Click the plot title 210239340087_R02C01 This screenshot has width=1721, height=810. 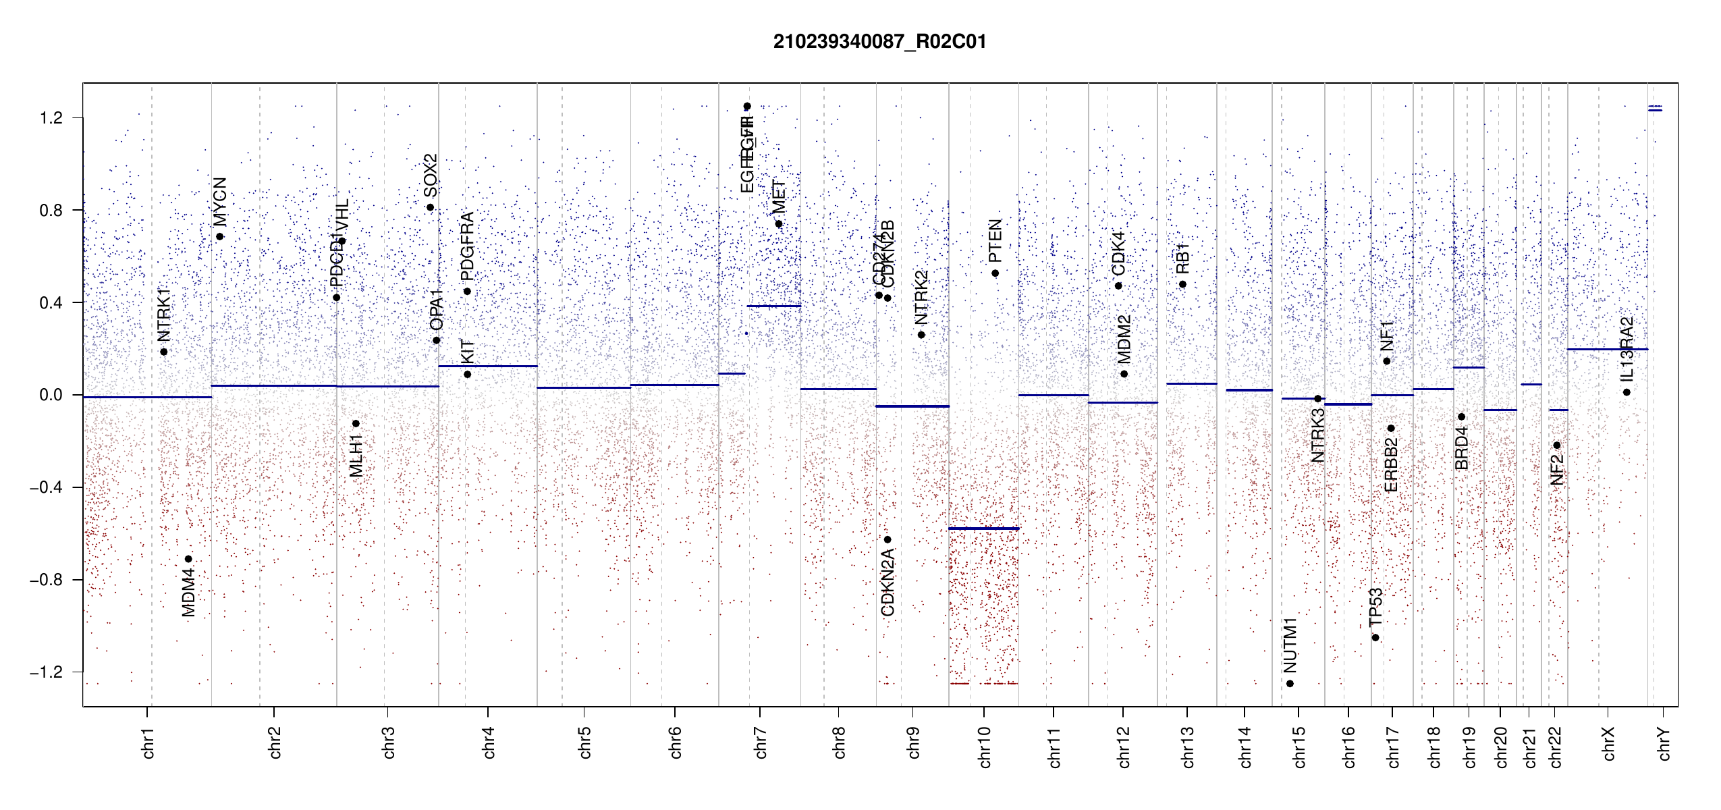click(x=879, y=42)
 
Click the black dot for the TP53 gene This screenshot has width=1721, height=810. click(x=1375, y=638)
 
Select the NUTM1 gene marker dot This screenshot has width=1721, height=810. click(x=1290, y=684)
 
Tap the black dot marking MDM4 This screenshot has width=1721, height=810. click(x=188, y=559)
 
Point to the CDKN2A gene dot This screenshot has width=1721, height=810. click(x=887, y=539)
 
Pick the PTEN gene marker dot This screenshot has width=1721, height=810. click(x=995, y=273)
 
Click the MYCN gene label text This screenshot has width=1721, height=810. click(x=220, y=202)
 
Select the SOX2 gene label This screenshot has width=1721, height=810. click(x=431, y=175)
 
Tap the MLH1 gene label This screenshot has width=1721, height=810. click(x=356, y=456)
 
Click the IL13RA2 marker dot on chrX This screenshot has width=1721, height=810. click(x=1627, y=392)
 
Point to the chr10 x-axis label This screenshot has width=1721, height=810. click(x=985, y=747)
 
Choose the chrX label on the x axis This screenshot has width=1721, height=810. click(x=1609, y=744)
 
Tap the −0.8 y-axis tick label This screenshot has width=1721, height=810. click(x=46, y=580)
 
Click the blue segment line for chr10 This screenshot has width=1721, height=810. click(x=983, y=529)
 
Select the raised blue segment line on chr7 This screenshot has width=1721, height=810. click(x=773, y=306)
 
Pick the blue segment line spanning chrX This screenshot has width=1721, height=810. click(x=1607, y=350)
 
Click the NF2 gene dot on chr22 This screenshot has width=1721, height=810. click(x=1557, y=446)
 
